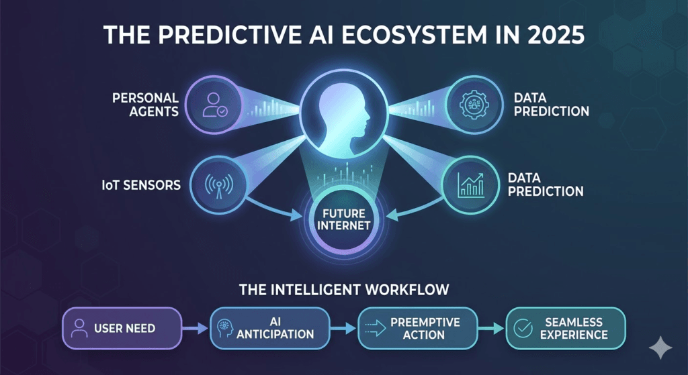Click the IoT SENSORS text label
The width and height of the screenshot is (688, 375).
(x=139, y=183)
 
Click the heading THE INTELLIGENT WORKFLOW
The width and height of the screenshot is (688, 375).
(x=344, y=290)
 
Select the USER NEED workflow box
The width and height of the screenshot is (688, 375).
(x=122, y=328)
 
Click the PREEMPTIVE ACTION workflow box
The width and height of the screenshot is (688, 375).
(x=421, y=328)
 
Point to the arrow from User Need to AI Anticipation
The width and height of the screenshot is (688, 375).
(x=196, y=328)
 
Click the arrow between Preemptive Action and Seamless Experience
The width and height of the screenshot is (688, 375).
(x=494, y=328)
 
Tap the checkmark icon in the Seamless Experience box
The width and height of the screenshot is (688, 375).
(x=522, y=328)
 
